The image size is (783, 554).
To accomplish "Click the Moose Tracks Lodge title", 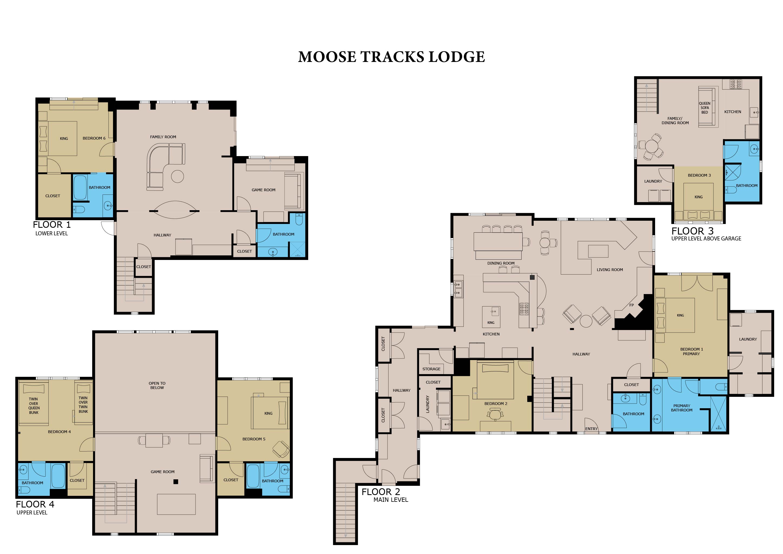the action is [x=391, y=57].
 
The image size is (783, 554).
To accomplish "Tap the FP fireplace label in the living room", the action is [x=632, y=305].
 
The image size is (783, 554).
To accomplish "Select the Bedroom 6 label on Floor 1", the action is [x=94, y=138].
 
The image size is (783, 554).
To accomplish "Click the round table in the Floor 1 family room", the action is [x=177, y=176].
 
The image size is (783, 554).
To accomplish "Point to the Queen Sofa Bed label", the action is [x=705, y=108].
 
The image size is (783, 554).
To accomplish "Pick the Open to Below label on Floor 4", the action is [x=157, y=385].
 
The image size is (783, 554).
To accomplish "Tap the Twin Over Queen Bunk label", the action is [x=34, y=405].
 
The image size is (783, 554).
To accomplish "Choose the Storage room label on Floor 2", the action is [x=432, y=369].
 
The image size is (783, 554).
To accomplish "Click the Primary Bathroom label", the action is [x=682, y=408].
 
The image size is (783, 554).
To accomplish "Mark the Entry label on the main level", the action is [x=591, y=429].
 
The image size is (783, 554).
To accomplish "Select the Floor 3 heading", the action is [x=693, y=231].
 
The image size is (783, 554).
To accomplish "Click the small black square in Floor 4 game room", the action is [x=176, y=482].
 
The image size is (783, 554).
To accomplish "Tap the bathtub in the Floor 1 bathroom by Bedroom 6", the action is [x=80, y=188].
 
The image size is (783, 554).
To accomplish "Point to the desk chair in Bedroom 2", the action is [x=495, y=414].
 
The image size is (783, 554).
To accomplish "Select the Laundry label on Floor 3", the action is [x=653, y=181].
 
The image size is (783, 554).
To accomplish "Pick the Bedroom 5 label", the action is [x=254, y=439].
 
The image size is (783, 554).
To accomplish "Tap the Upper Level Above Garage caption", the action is [x=706, y=239].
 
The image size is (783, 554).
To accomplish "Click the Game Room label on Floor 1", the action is [x=263, y=190].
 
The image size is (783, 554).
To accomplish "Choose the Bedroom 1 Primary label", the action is [x=692, y=351].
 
